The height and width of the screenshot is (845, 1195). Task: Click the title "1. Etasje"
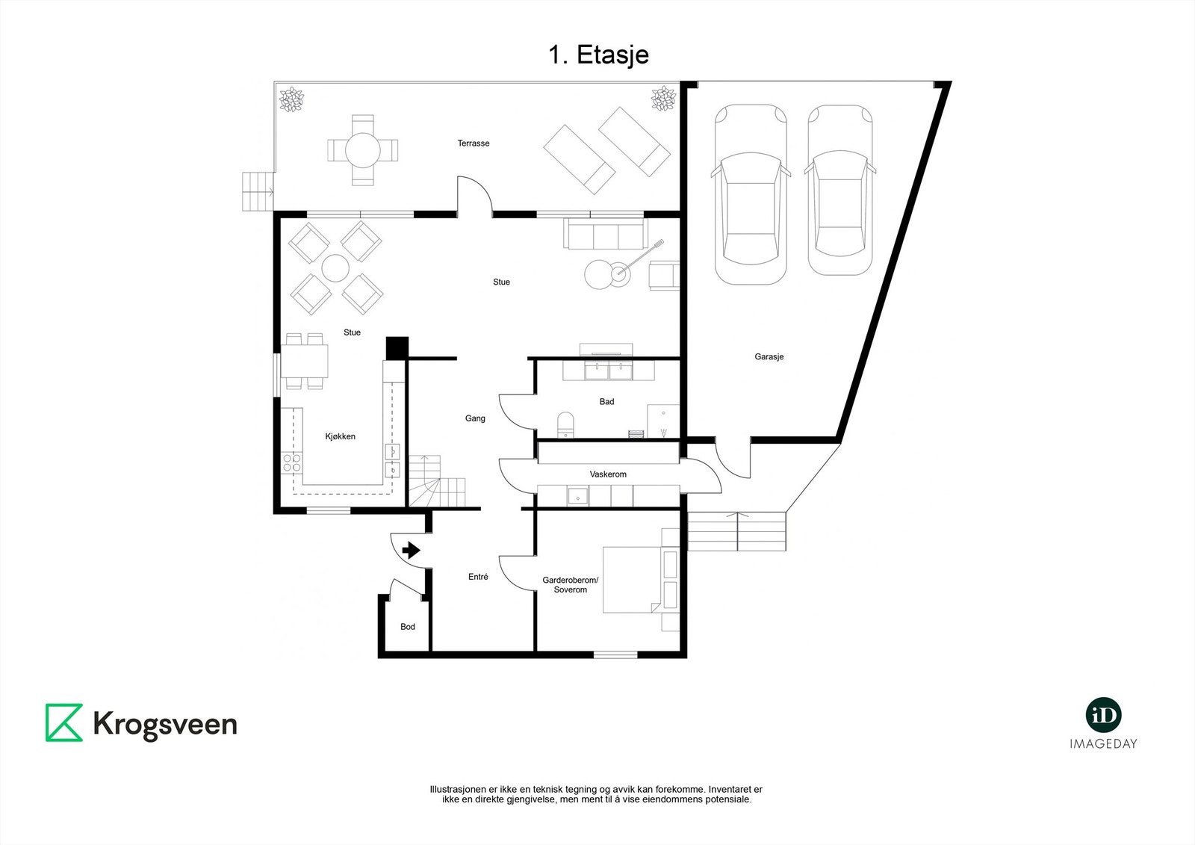598,55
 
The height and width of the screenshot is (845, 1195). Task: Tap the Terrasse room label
474,143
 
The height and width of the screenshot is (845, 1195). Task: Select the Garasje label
769,356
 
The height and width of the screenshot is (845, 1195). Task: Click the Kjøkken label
341,436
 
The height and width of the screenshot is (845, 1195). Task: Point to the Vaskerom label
608,474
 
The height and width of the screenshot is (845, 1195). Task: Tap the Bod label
408,627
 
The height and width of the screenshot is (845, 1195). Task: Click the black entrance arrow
411,550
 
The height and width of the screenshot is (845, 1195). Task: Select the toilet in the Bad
565,425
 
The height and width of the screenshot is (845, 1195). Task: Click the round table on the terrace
363,150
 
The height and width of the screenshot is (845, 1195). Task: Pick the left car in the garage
751,194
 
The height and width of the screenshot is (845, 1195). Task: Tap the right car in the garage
840,190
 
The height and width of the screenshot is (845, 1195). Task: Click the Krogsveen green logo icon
64,722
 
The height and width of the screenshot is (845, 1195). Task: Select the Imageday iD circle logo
1103,715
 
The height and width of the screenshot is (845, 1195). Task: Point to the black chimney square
397,347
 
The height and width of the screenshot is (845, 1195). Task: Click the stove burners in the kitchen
292,462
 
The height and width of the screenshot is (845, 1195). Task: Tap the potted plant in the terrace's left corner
291,99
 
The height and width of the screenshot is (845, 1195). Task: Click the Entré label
478,577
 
